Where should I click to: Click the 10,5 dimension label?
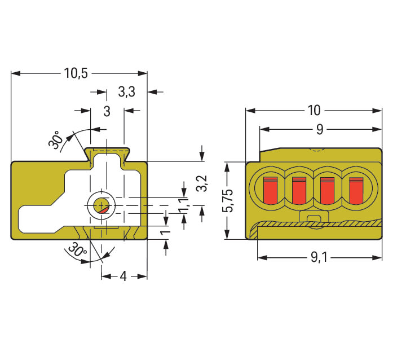click(76, 73)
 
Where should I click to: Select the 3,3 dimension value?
click(126, 91)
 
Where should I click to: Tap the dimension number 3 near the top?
click(107, 111)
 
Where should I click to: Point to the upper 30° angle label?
click(55, 141)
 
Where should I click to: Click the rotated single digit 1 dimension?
click(165, 232)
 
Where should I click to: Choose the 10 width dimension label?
click(314, 110)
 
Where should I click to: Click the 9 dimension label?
click(319, 129)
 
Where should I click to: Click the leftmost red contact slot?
click(271, 190)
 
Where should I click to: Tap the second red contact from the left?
click(299, 190)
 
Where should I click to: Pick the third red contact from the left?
click(327, 190)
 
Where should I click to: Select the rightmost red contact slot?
click(356, 190)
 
